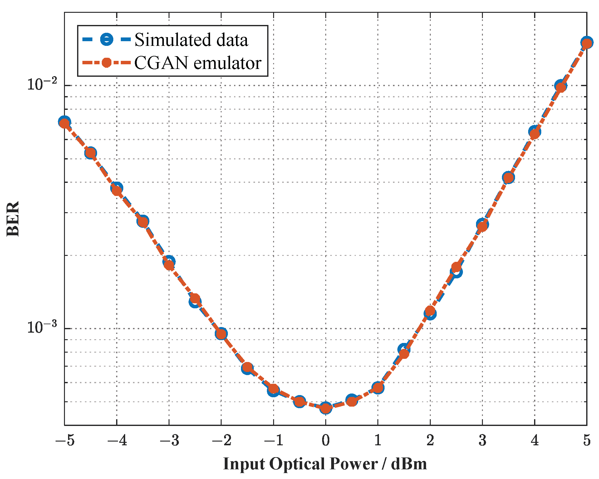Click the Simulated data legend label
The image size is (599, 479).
[x=191, y=40]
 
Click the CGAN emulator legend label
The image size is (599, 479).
[x=198, y=63]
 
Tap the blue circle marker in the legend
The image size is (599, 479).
[x=106, y=39]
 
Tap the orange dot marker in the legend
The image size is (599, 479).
[x=106, y=62]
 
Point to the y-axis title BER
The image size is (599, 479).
[x=13, y=219]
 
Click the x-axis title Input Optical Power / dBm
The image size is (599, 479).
[x=325, y=464]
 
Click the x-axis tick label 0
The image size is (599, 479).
[x=326, y=440]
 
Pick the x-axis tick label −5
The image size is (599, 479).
[x=65, y=440]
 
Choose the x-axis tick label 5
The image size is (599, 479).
[x=587, y=440]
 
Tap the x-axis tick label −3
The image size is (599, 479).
[x=169, y=440]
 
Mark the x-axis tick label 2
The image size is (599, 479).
[x=430, y=440]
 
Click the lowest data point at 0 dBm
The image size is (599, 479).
[x=326, y=408]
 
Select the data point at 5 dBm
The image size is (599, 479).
[x=587, y=43]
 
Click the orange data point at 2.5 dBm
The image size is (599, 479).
[x=456, y=267]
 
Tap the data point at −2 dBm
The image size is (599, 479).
[x=221, y=334]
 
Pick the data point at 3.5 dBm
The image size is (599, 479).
[x=508, y=178]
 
